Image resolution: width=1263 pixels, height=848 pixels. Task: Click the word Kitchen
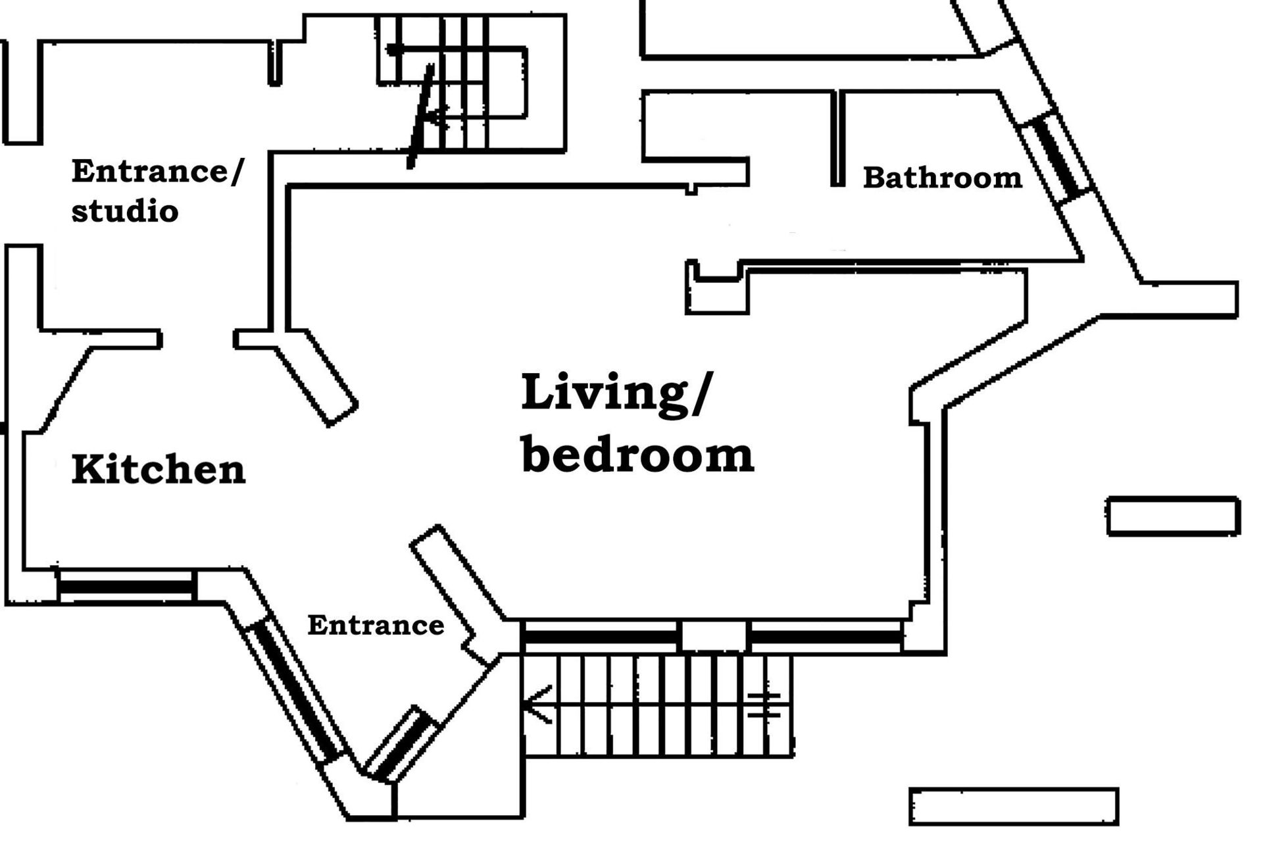pos(158,470)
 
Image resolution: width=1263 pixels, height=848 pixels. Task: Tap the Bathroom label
pos(943,178)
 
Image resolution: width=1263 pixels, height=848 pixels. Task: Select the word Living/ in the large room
pos(616,393)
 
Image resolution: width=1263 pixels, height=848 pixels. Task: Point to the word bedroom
pos(637,453)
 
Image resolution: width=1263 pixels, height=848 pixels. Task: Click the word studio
pos(125,211)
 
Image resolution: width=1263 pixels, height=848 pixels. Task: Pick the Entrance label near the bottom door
pos(376,625)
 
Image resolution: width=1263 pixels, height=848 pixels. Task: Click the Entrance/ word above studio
pos(157,171)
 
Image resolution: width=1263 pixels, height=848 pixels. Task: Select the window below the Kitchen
pos(127,586)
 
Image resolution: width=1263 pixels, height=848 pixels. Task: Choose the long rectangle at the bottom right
pos(1014,806)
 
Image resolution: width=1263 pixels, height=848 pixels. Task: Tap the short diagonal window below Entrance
pos(401,744)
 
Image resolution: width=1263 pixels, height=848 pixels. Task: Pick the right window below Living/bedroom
pos(826,637)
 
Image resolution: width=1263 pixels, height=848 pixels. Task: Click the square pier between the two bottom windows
pos(714,637)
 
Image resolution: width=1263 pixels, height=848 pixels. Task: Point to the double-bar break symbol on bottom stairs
pos(764,705)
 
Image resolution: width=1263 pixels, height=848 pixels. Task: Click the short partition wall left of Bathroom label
pos(837,138)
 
